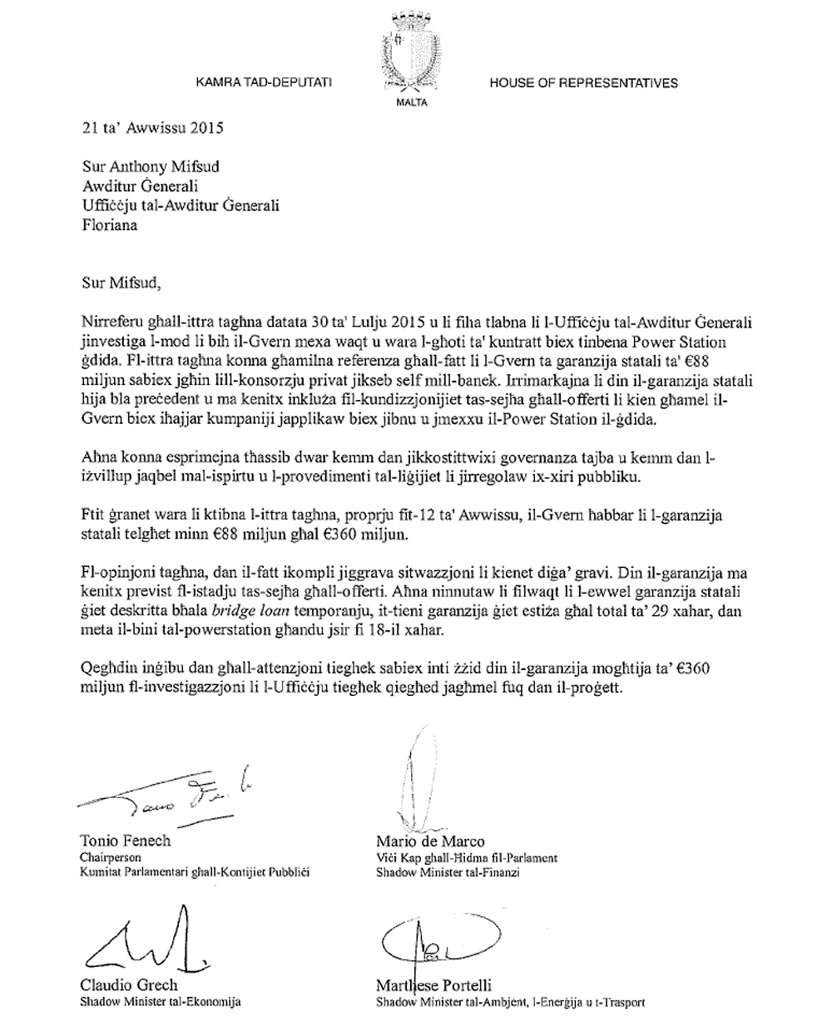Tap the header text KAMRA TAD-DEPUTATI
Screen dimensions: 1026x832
click(x=264, y=83)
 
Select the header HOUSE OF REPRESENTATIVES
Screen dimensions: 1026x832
click(x=583, y=83)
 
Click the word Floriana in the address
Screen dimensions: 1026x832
click(x=111, y=224)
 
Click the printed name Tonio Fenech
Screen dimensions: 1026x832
click(x=125, y=841)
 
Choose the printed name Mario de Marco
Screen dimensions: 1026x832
click(x=430, y=841)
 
